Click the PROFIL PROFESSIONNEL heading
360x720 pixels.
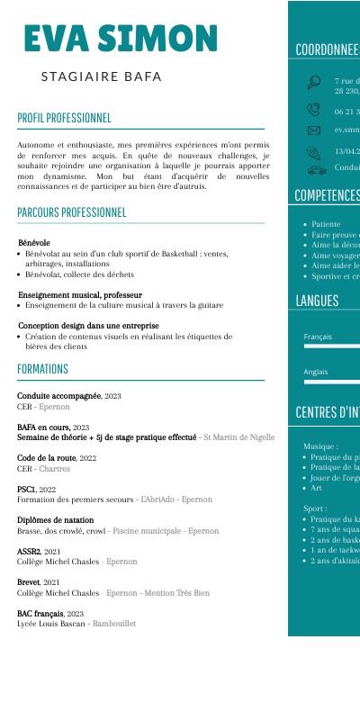click(x=64, y=118)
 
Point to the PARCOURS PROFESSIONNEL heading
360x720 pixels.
click(x=72, y=212)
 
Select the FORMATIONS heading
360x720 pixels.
click(x=42, y=369)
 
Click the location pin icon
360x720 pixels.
click(x=314, y=84)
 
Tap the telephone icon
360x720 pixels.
click(x=314, y=110)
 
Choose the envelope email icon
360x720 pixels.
click(x=314, y=130)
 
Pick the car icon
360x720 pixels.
click(x=316, y=168)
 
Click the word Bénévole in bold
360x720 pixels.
click(x=34, y=243)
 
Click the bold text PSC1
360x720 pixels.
click(x=27, y=490)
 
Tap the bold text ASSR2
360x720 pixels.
click(x=29, y=551)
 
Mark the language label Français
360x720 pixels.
click(x=318, y=337)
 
